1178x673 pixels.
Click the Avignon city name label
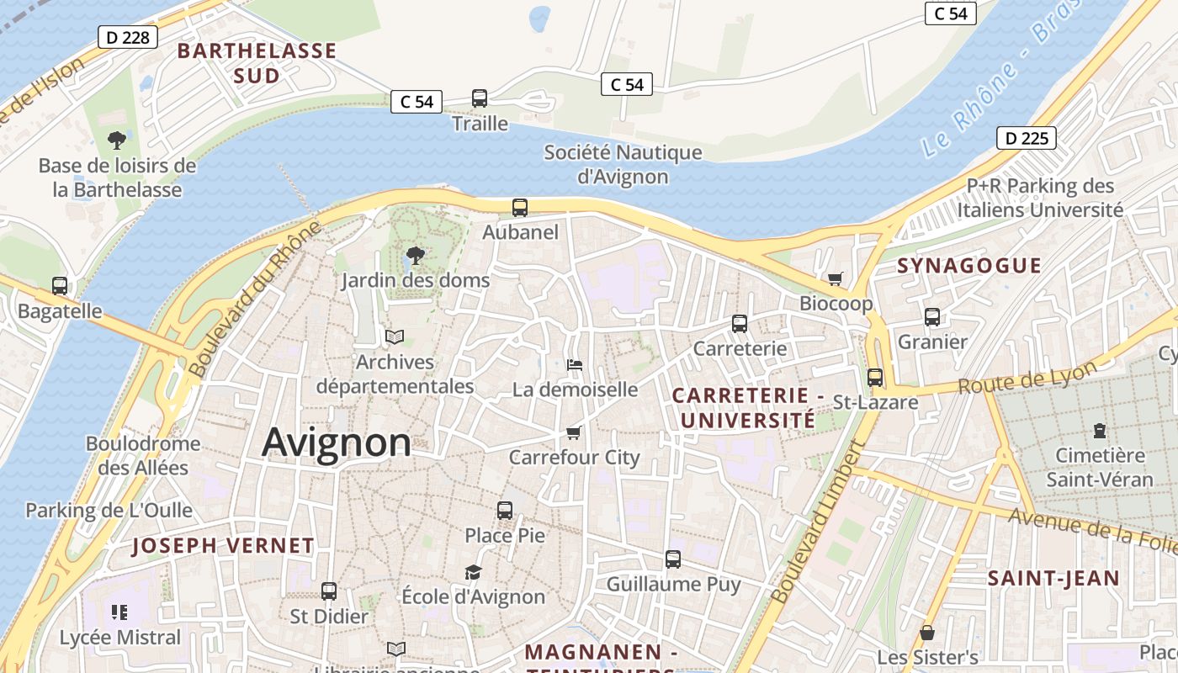point(337,442)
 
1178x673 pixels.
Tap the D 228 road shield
point(128,37)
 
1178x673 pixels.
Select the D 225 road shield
point(1027,138)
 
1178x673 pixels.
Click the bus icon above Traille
point(480,98)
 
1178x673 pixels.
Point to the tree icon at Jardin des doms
point(415,255)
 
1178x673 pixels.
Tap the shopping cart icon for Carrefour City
point(574,432)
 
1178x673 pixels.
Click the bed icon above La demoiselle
point(575,365)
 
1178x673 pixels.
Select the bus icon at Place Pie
point(505,510)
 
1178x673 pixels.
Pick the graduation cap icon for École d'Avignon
point(474,572)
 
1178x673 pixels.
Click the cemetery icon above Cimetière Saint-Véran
point(1099,431)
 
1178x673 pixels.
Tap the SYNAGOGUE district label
point(969,266)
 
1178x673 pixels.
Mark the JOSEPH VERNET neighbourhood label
point(223,545)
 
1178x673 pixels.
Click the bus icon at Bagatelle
point(60,286)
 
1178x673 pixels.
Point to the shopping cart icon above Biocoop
point(836,278)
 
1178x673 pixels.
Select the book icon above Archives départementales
point(395,336)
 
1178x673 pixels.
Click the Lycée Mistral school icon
point(119,612)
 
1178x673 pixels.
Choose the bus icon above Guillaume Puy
point(673,559)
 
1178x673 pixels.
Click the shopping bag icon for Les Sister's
point(927,632)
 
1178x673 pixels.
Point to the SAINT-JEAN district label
point(1053,578)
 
